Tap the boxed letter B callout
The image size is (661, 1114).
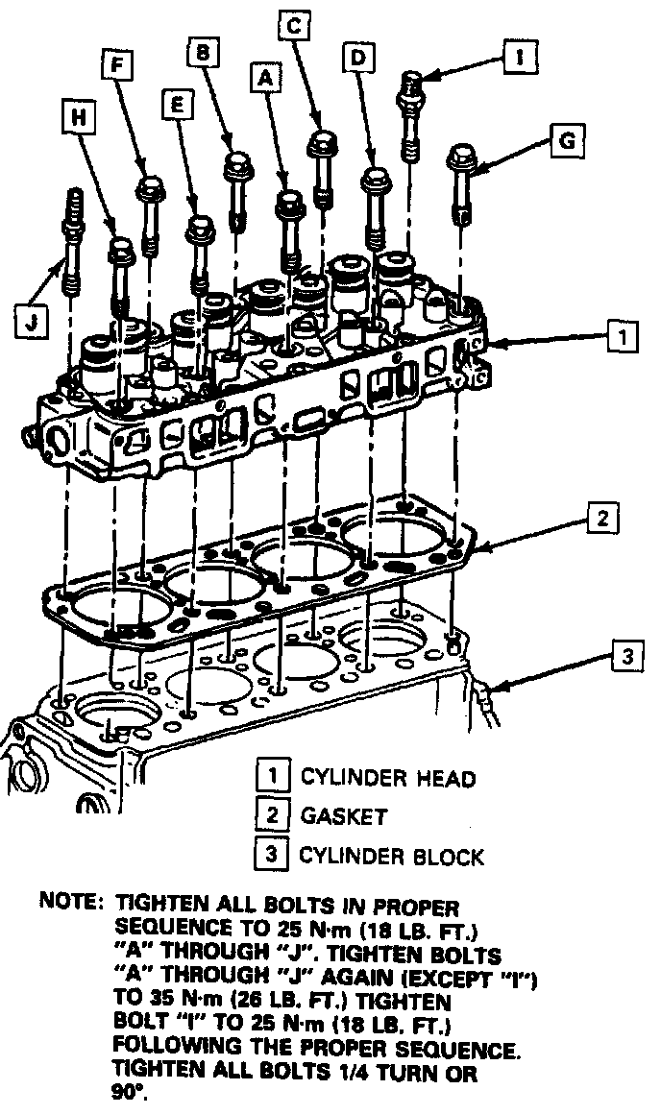pyautogui.click(x=203, y=54)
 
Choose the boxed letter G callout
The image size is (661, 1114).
pyautogui.click(x=567, y=142)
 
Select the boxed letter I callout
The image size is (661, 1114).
pyautogui.click(x=518, y=57)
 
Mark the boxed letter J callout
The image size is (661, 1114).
pyautogui.click(x=32, y=322)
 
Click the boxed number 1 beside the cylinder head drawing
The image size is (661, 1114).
pyautogui.click(x=623, y=337)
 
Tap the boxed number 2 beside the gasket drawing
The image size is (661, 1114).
pyautogui.click(x=601, y=519)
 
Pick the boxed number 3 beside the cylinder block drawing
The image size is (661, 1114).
pyautogui.click(x=626, y=657)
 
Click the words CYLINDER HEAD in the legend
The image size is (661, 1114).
pyautogui.click(x=387, y=778)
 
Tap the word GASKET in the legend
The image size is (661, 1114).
pyautogui.click(x=343, y=816)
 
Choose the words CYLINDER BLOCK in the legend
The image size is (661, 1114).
pyautogui.click(x=392, y=855)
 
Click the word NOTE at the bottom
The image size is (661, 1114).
pyautogui.click(x=69, y=903)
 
